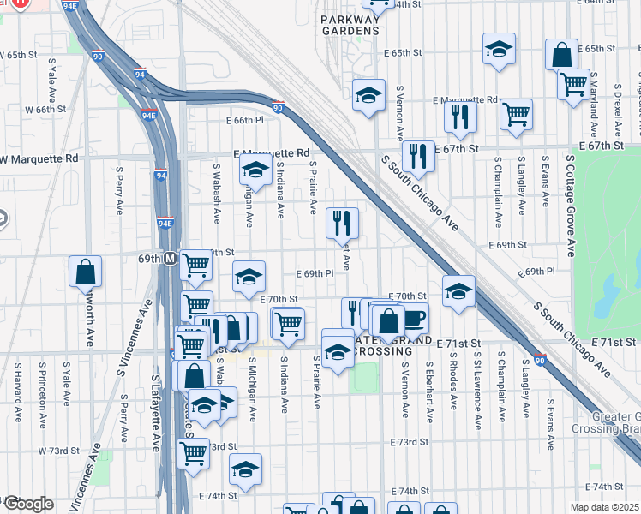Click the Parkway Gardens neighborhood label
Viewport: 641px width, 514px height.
[349, 24]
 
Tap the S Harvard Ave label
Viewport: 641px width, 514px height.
[17, 391]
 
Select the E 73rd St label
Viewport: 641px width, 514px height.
[408, 442]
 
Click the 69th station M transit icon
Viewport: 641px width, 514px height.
[171, 258]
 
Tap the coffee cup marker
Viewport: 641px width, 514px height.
[413, 318]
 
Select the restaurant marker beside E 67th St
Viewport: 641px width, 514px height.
[417, 155]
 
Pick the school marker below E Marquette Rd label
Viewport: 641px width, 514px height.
[255, 171]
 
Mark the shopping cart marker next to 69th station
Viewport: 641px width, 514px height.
[196, 265]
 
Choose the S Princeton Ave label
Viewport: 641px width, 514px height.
[41, 391]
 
